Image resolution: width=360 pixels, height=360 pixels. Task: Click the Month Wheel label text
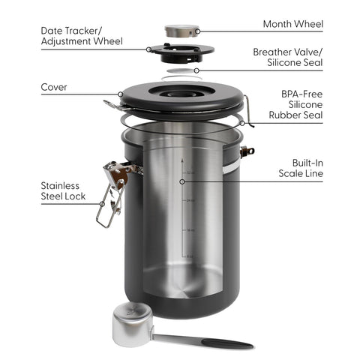tap(292, 24)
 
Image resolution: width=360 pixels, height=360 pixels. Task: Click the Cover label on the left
tap(53, 87)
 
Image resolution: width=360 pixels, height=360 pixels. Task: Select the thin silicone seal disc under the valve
tap(179, 72)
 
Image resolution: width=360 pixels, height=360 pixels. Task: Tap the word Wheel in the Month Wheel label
tap(308, 24)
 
